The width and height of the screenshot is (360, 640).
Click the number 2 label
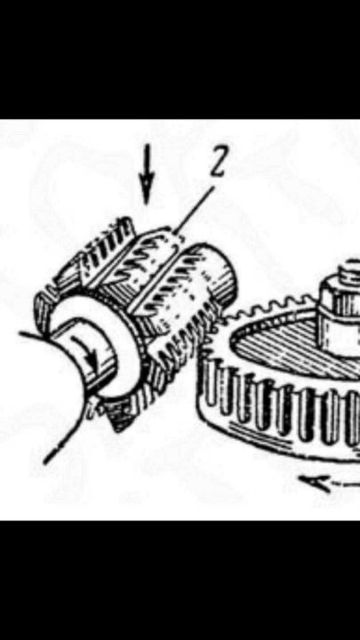coord(219,162)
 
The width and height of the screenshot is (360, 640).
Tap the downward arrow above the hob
coord(147,174)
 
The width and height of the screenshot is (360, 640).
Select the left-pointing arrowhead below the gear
coord(315,484)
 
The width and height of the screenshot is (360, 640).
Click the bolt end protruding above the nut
coord(350,267)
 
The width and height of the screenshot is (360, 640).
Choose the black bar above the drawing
coord(180,60)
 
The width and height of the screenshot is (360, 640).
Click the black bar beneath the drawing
coord(180,580)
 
